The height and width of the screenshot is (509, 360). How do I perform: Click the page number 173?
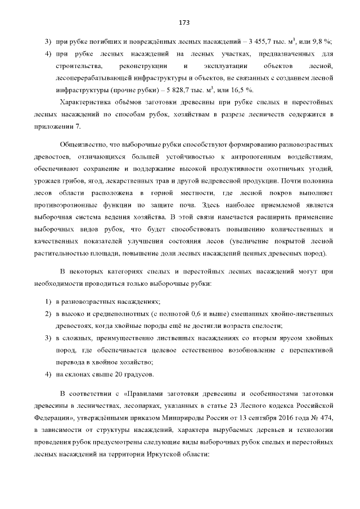[x=183, y=22]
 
